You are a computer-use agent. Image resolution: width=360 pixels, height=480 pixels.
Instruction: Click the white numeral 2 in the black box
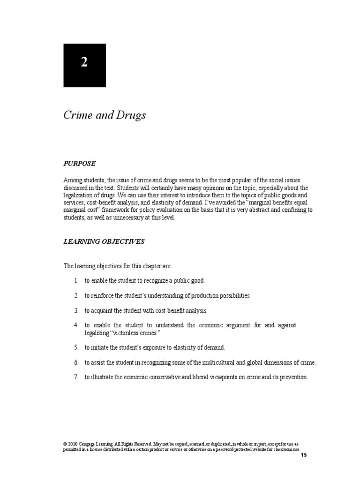click(x=84, y=63)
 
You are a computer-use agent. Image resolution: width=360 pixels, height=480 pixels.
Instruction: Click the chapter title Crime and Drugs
click(x=105, y=116)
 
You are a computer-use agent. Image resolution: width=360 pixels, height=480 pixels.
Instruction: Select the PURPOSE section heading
click(x=80, y=164)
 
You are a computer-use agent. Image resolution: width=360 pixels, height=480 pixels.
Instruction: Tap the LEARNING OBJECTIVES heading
click(x=104, y=242)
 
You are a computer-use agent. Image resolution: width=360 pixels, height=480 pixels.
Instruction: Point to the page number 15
click(x=304, y=455)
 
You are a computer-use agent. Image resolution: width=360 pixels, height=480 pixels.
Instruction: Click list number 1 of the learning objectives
click(x=75, y=280)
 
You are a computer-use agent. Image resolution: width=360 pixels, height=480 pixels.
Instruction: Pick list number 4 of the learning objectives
click(x=75, y=325)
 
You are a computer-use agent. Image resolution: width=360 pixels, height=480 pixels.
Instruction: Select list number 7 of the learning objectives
click(x=75, y=376)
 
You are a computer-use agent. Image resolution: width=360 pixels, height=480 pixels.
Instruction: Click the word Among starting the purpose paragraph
click(x=73, y=180)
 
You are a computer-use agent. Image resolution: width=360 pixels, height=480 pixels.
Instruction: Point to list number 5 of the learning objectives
click(x=75, y=347)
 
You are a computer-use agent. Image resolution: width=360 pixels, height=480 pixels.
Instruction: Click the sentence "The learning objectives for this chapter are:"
click(x=118, y=266)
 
